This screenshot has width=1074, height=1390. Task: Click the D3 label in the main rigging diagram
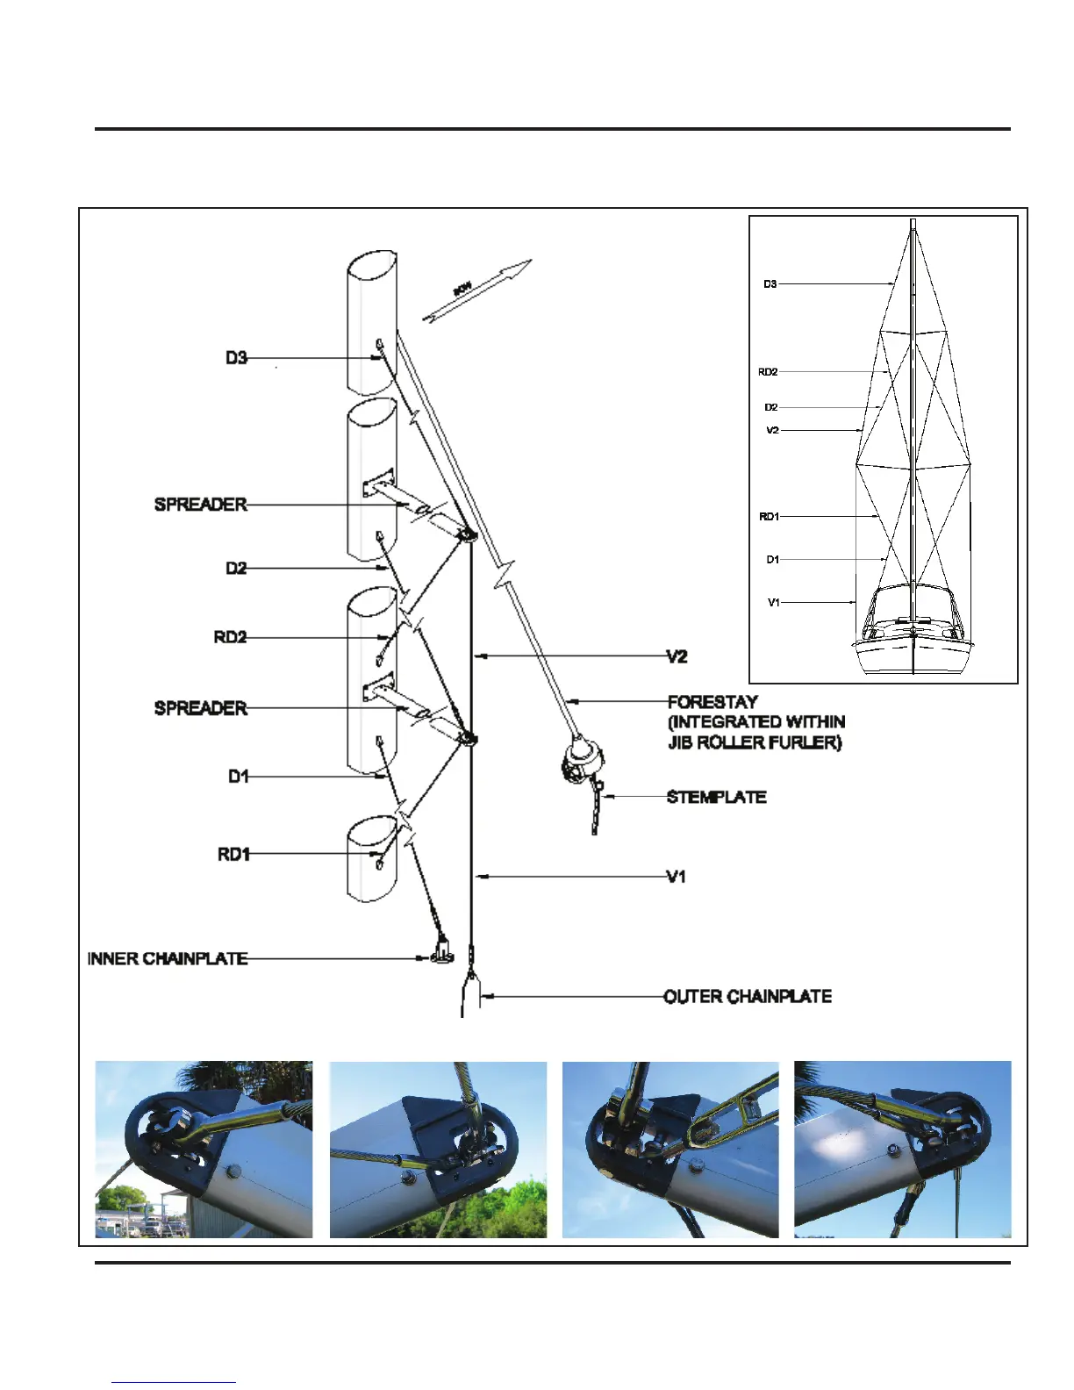(x=236, y=358)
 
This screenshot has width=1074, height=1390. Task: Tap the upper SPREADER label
(x=200, y=505)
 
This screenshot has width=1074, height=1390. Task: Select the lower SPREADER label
(x=200, y=707)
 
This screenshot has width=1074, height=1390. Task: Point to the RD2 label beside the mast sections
(x=230, y=637)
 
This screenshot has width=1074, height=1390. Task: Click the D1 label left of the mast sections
(x=238, y=777)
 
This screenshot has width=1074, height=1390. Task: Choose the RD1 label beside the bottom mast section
(x=233, y=854)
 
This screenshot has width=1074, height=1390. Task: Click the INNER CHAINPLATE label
(x=167, y=958)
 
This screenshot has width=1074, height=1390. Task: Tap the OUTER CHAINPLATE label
(x=748, y=996)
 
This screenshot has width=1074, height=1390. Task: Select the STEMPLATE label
(x=716, y=797)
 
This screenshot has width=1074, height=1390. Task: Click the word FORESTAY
(x=712, y=702)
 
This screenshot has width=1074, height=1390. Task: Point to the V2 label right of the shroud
(x=677, y=656)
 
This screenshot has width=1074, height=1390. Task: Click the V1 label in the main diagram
(x=676, y=876)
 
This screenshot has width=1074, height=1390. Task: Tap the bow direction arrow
(x=477, y=290)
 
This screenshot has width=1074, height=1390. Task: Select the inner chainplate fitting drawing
(x=440, y=949)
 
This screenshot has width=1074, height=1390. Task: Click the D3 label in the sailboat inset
(x=770, y=284)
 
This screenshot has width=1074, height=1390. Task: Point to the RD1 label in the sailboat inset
(x=769, y=517)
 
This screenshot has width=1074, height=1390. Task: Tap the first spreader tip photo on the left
(x=204, y=1150)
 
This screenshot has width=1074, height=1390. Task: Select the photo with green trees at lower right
(x=438, y=1150)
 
